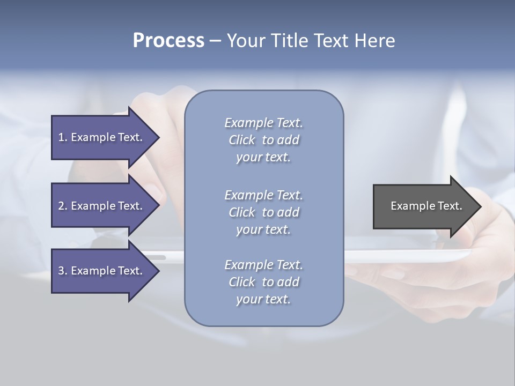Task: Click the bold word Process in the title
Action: click(x=168, y=41)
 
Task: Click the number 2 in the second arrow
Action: click(x=61, y=206)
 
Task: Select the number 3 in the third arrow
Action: click(x=61, y=271)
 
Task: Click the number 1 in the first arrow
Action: click(x=61, y=137)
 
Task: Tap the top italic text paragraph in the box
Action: click(x=263, y=140)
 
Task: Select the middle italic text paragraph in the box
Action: click(x=263, y=212)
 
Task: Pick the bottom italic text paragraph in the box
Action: click(x=263, y=282)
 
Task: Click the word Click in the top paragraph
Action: click(x=241, y=140)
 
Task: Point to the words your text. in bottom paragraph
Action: click(x=263, y=299)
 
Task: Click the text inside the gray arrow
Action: click(x=426, y=206)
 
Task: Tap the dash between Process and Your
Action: click(x=215, y=41)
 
